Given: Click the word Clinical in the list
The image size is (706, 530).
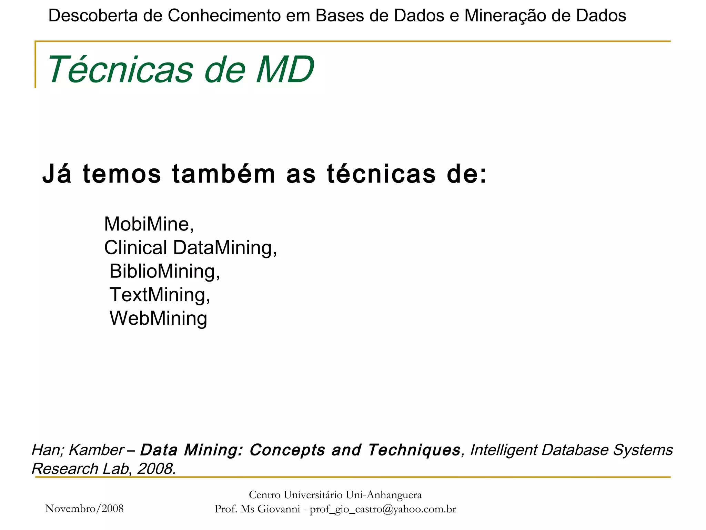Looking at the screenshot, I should coord(136,248).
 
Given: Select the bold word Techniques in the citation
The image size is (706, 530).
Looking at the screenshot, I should coord(414,450).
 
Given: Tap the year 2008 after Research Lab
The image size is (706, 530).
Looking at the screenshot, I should coord(156,469).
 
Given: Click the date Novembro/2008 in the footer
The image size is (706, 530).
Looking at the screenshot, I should coord(84,509).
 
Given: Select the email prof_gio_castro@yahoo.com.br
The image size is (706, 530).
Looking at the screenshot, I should coord(383,509).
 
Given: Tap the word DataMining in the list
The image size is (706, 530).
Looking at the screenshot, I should coord(224,248).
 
